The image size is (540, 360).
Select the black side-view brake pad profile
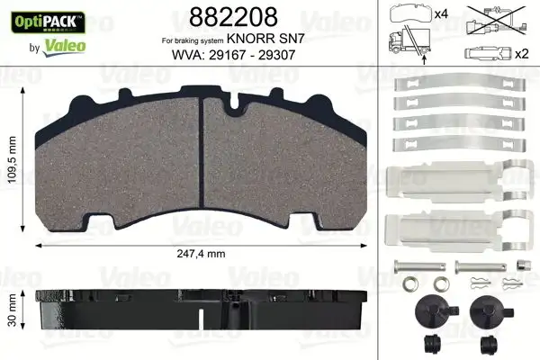coord(200,310)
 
